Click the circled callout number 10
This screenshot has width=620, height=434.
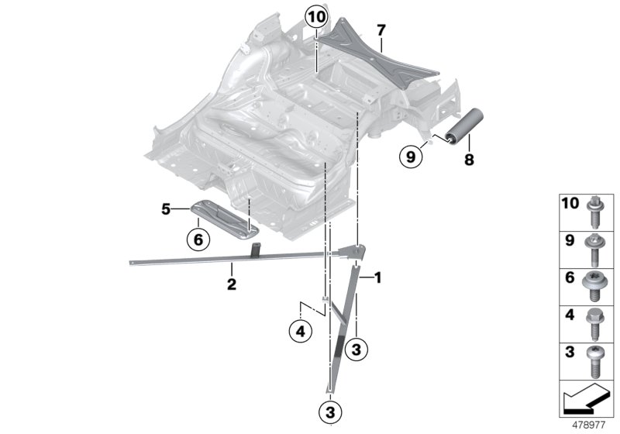(x=316, y=15)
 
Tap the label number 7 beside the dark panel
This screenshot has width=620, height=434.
(x=381, y=30)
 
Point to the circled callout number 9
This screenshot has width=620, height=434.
(x=412, y=157)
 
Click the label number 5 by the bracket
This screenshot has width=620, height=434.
(x=165, y=208)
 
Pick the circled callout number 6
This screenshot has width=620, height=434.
(x=198, y=240)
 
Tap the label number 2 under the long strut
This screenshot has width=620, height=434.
(x=231, y=284)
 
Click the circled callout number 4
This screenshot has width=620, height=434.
(x=299, y=332)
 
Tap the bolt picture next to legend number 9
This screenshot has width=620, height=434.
(x=594, y=246)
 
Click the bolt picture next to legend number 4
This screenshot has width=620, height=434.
(x=594, y=320)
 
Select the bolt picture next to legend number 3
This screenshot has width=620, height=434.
(x=594, y=358)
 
